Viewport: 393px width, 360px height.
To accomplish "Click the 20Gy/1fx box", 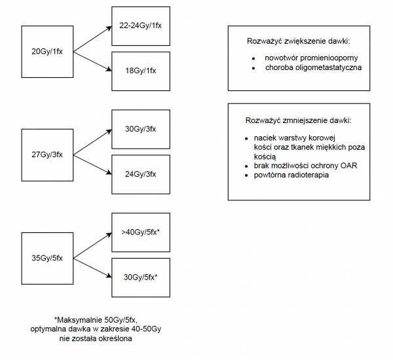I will [x=47, y=50].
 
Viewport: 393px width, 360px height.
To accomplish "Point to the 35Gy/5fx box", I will [x=47, y=257].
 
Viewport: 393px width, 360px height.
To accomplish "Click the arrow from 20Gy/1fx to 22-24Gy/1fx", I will [x=92, y=39].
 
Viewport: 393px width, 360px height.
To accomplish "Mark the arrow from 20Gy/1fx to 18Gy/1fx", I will [x=92, y=62].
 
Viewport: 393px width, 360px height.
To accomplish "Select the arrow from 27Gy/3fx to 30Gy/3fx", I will [x=92, y=142].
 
